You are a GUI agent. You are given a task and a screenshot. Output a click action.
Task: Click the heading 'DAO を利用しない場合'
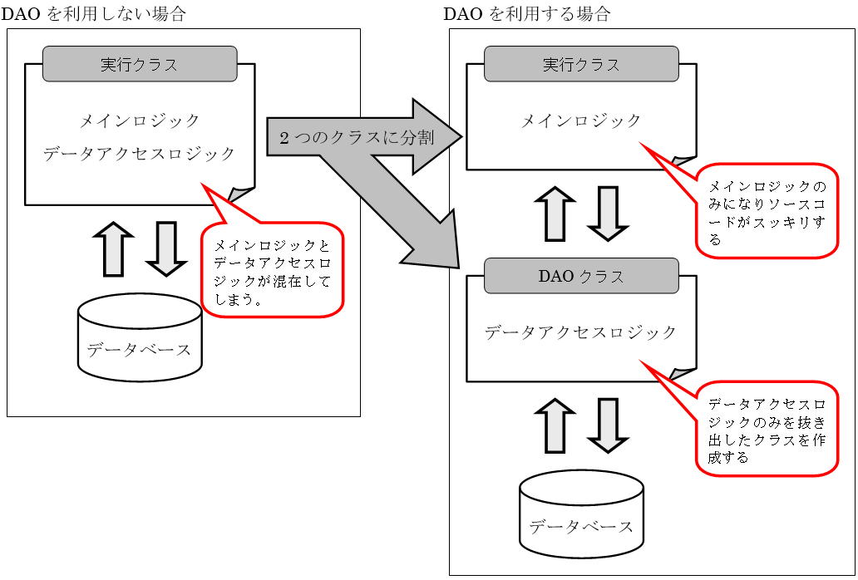(x=95, y=14)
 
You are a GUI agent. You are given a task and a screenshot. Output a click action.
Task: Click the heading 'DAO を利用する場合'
(x=527, y=14)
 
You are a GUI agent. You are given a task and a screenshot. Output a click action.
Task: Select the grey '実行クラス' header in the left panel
(x=140, y=64)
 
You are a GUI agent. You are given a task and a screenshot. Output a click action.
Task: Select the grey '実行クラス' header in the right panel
(x=581, y=64)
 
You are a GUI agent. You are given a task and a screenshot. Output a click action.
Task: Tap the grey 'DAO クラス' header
(x=581, y=276)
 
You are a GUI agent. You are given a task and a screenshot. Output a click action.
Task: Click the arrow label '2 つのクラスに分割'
(x=357, y=138)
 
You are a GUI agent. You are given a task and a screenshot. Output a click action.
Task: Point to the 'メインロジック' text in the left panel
(x=140, y=120)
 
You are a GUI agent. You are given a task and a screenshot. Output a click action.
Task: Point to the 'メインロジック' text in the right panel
(x=581, y=120)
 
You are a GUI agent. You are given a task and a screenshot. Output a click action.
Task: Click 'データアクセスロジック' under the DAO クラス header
(x=581, y=332)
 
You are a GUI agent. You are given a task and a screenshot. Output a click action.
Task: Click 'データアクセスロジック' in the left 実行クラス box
(x=140, y=154)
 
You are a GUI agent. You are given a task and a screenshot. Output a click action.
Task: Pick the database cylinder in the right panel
(x=581, y=515)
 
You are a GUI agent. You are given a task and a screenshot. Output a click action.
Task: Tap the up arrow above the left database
(x=114, y=248)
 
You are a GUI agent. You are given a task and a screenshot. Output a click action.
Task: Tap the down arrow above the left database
(x=166, y=248)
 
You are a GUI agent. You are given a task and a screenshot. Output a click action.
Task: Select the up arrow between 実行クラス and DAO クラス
(x=555, y=214)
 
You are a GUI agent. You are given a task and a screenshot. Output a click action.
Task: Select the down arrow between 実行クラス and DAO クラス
(x=608, y=214)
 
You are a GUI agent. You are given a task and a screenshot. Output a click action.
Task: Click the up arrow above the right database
(x=555, y=425)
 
